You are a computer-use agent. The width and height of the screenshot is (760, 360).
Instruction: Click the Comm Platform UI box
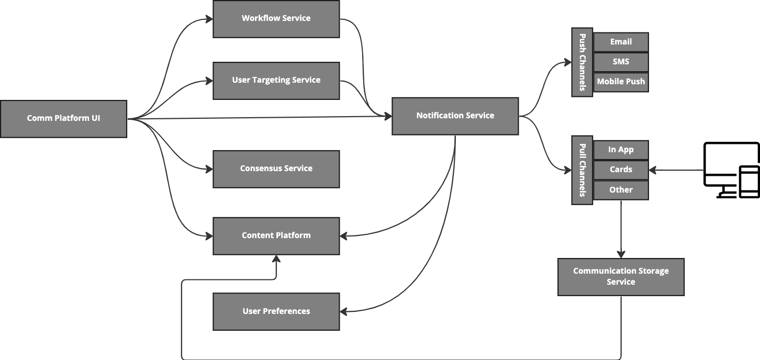[63, 119]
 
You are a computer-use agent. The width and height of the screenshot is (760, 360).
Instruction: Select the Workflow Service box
[276, 19]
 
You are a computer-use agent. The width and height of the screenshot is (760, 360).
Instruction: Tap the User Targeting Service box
[276, 81]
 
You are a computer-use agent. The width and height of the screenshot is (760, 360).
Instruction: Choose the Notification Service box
[455, 116]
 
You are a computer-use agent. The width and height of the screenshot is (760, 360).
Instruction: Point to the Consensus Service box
[276, 168]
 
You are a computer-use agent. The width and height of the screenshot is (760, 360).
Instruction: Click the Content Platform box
[276, 235]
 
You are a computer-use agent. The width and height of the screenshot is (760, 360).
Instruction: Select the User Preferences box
[276, 311]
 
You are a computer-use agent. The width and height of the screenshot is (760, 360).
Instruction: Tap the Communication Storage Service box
[621, 277]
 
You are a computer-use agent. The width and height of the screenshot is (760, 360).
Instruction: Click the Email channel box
[621, 42]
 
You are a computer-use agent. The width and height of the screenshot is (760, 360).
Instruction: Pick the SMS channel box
[621, 62]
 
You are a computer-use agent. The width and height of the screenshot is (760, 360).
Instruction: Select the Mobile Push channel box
[621, 82]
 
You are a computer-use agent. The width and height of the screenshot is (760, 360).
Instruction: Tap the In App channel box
[621, 150]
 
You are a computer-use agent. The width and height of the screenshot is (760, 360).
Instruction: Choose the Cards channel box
[621, 170]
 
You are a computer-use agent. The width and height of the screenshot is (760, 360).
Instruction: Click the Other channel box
[621, 190]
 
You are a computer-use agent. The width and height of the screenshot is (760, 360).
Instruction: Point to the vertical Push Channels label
[582, 62]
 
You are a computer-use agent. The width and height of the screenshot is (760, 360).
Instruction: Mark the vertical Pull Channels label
[582, 170]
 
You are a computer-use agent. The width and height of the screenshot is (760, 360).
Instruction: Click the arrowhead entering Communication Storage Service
[621, 254]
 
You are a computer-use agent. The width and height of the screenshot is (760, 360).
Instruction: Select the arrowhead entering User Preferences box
[344, 312]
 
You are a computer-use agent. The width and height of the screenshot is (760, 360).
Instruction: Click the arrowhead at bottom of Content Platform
[276, 259]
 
